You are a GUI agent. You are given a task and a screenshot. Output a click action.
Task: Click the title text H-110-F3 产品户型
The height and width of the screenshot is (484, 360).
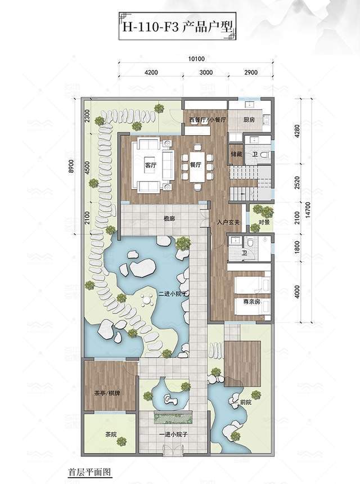pos(177,26)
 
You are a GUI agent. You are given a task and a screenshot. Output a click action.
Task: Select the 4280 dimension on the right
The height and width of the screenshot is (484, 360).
pos(297,132)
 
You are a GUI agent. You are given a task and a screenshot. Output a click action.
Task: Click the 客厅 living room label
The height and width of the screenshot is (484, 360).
pos(151,165)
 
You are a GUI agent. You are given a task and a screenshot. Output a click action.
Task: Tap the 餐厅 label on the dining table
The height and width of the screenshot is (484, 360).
pos(196,165)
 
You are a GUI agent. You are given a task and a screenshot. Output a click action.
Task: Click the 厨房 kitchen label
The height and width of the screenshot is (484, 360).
pos(249,120)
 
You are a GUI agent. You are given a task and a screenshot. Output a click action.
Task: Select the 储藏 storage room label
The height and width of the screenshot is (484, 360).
pos(236,154)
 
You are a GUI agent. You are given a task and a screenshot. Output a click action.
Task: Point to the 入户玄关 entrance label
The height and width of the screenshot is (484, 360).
pos(228,222)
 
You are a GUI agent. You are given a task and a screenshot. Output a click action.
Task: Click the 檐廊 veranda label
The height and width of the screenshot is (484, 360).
pos(169,219)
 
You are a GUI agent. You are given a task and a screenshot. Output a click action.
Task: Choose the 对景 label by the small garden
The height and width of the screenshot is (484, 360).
pos(264,222)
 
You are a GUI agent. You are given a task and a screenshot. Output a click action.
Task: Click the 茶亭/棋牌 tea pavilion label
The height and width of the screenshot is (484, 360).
pos(107,393)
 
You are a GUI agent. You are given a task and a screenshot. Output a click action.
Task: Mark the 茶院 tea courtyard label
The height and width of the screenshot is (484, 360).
pos(111,434)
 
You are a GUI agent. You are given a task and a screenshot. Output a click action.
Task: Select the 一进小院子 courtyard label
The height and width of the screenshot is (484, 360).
pos(174,434)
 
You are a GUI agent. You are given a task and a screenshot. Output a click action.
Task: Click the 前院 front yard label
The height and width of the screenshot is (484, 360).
pos(246,402)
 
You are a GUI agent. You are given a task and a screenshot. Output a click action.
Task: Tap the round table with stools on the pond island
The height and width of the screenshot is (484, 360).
pos(147,300)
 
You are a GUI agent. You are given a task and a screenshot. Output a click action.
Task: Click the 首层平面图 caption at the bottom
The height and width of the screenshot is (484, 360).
pos(89,472)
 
